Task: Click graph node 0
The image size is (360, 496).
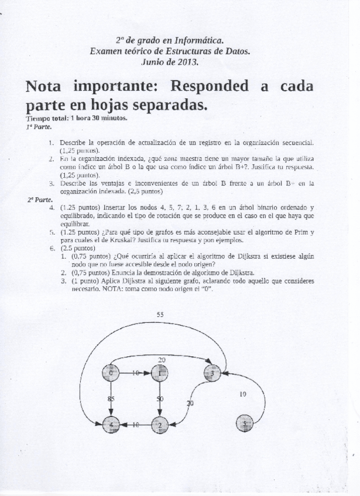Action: [111, 373]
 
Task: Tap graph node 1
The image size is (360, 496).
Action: [159, 373]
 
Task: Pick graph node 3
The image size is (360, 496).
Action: [213, 373]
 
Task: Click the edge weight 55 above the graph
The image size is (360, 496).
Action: [160, 315]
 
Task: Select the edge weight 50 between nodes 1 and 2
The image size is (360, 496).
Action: [159, 399]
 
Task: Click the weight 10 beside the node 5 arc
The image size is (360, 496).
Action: [243, 394]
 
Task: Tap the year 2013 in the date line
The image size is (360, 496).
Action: [187, 61]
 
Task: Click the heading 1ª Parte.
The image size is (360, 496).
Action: [35, 126]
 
